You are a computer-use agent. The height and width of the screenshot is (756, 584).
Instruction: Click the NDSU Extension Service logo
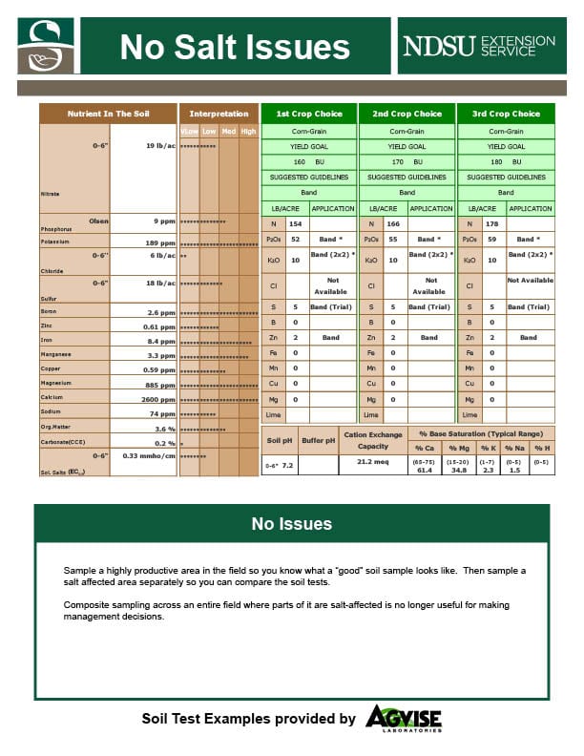(478, 46)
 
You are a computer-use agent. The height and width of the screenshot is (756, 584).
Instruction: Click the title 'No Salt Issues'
(235, 47)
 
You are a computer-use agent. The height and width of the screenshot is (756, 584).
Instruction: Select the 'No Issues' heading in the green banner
(292, 523)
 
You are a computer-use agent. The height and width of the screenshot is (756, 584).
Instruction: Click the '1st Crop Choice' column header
(309, 114)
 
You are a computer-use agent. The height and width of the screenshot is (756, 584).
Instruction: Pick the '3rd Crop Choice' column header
(506, 114)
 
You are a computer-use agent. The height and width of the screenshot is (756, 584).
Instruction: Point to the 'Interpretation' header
(219, 114)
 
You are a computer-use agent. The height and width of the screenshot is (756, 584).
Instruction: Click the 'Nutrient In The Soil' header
(108, 114)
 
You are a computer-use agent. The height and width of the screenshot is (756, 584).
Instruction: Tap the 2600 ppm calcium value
(157, 398)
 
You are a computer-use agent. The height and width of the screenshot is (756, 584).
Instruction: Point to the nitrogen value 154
(295, 223)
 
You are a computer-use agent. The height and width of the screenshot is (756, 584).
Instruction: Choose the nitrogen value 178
(491, 223)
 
